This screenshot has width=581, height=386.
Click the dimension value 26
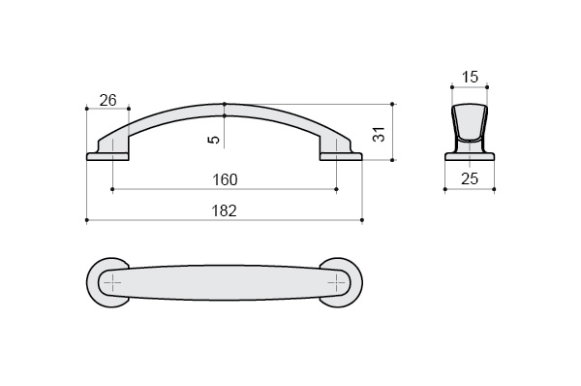click(108, 100)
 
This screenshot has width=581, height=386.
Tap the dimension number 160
click(225, 180)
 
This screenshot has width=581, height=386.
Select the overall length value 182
click(225, 210)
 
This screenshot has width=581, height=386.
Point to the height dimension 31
click(380, 134)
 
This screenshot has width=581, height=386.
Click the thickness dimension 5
click(215, 140)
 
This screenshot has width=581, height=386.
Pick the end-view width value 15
click(470, 78)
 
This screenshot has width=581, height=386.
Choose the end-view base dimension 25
click(470, 178)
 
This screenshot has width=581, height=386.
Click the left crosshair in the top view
click(112, 283)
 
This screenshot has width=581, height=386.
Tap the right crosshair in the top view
click(336, 283)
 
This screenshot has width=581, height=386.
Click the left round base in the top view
click(93, 282)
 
